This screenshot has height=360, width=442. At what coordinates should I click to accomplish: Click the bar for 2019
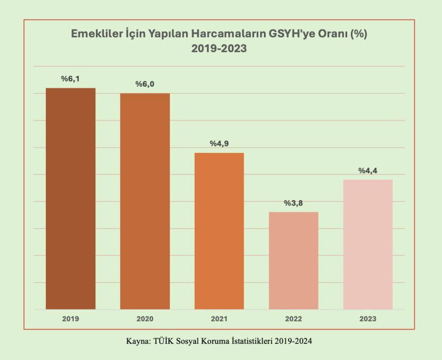coord(71,198)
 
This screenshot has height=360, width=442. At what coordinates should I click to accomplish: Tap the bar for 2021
coord(219,231)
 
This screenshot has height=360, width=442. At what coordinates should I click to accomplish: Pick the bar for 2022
coord(294,260)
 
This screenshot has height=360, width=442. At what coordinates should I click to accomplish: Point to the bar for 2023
coord(368,244)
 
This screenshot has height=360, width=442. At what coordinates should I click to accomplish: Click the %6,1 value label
coord(71,79)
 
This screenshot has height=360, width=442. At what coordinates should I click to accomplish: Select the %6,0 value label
coord(145,84)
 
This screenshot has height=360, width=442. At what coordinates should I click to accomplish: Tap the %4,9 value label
coord(219,144)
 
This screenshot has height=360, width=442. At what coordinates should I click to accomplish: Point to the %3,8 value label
coord(294,203)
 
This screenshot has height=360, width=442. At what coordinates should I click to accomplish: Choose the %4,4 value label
coord(368,170)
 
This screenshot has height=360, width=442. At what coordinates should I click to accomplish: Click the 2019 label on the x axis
coord(71,319)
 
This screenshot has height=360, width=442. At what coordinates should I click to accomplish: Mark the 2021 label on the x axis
coord(219,319)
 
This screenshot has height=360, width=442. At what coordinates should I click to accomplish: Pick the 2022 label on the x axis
coord(294,319)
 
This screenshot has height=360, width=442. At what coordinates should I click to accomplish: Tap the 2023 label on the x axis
coord(368,319)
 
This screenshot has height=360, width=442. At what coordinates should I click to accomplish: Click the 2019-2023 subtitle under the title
coord(219,49)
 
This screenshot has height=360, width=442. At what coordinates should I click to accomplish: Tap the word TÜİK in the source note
coord(165,341)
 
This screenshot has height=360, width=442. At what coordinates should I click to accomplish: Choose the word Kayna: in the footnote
coord(139,341)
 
